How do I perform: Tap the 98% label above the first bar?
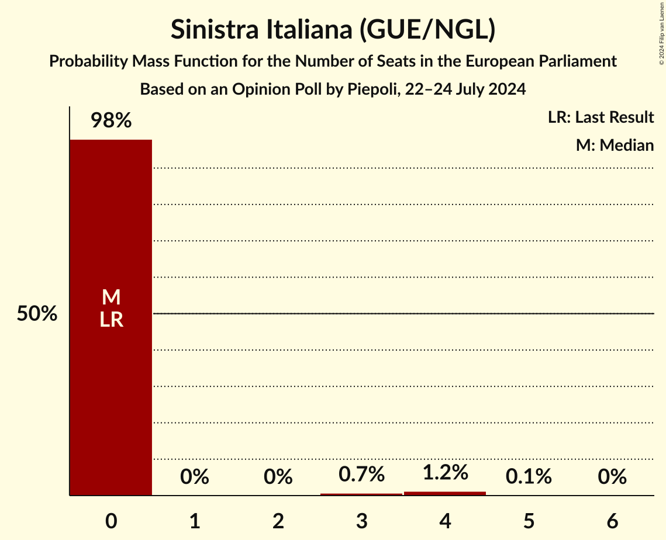(x=111, y=121)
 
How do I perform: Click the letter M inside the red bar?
(x=111, y=297)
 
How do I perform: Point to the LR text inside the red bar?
(x=111, y=320)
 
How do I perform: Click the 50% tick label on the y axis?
(x=37, y=314)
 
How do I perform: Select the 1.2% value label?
(x=445, y=472)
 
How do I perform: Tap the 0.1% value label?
(x=529, y=477)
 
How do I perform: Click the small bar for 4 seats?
(x=445, y=493)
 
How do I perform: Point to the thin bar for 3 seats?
(x=362, y=494)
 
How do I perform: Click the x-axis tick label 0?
(x=111, y=521)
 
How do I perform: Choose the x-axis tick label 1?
(x=195, y=521)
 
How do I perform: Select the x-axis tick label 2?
(x=278, y=521)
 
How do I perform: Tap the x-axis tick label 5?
(x=529, y=521)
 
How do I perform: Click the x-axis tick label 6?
(x=612, y=521)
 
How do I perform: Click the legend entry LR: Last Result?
(x=601, y=117)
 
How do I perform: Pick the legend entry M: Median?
(x=615, y=146)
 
